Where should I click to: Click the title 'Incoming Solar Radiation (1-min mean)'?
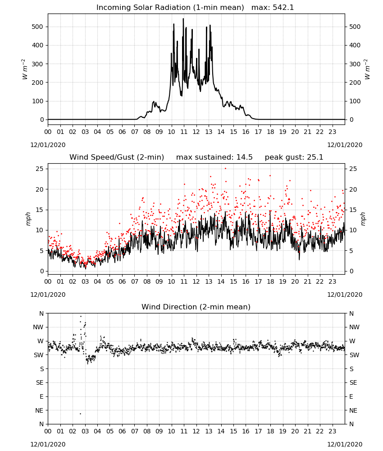pos(170,8)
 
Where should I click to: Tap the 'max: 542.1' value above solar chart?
pos(273,8)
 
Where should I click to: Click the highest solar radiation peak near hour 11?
pos(183,19)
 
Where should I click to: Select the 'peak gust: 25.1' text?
pos(294,157)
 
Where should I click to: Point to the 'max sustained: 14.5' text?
pos(214,157)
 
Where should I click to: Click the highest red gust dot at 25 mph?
pos(226,168)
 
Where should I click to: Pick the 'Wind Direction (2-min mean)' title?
pos(196,307)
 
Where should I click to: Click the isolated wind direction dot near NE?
pos(81,414)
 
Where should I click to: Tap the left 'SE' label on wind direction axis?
pos(40,382)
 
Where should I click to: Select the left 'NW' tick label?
pos(38,327)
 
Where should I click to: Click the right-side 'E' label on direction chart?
pos(351,396)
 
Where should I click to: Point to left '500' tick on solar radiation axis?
pos(37,27)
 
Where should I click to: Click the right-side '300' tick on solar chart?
pos(355,64)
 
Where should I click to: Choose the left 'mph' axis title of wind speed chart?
pos(28,219)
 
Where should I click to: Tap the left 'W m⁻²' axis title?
pos(24,69)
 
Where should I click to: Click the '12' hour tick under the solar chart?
pos(196,132)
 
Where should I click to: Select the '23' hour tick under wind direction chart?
pos(332,431)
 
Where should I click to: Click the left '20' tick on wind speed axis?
pos(40,189)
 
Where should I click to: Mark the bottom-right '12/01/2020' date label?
pos(345,444)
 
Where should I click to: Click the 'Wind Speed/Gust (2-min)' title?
pos(117,157)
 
